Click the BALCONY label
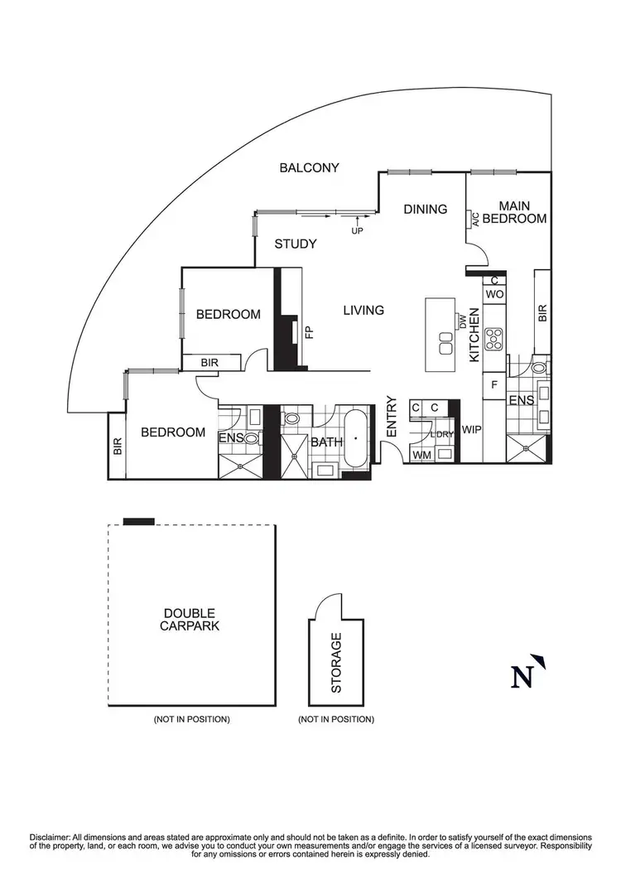point(309,167)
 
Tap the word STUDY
point(296,244)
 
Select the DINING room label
point(425,209)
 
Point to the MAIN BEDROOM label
point(514,212)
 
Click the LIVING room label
point(363,310)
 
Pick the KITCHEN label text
point(474,335)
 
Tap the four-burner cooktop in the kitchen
point(495,337)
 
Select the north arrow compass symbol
point(527,672)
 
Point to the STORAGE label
point(336,663)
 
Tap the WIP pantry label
point(472,430)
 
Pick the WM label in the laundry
point(421,454)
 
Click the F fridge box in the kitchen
point(494,384)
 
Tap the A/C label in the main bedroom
point(476,220)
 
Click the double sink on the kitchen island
point(445,349)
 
